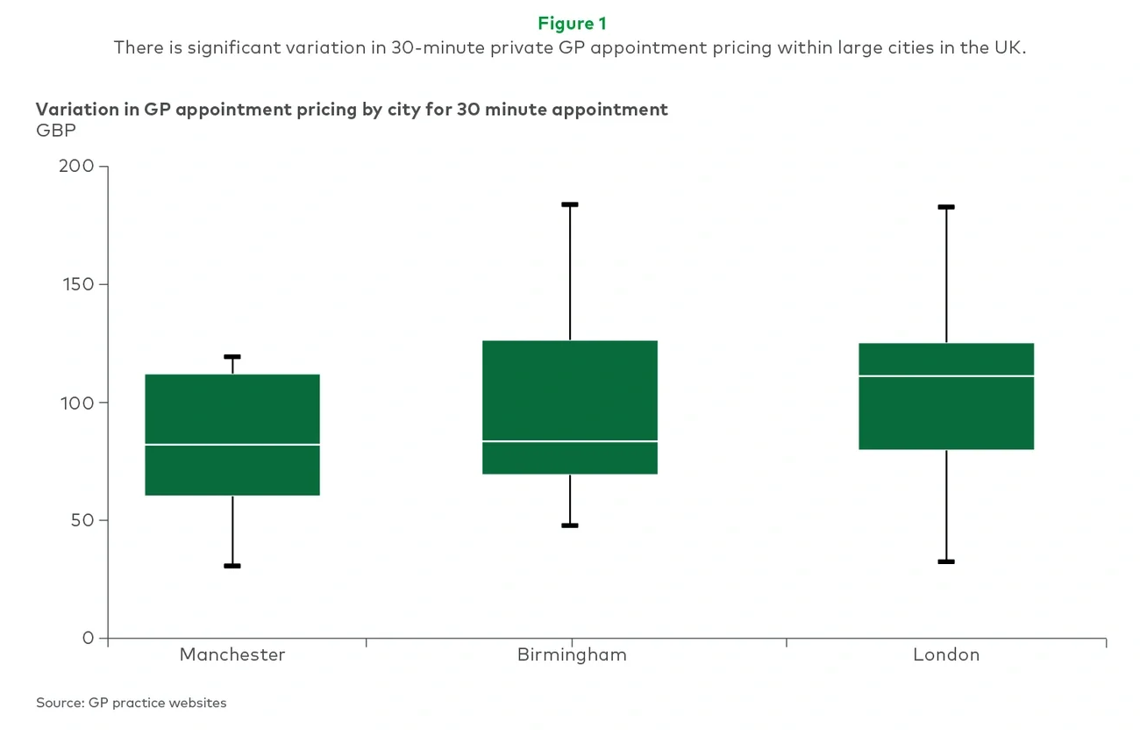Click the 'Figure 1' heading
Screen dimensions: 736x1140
(x=571, y=24)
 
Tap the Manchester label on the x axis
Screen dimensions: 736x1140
(x=232, y=654)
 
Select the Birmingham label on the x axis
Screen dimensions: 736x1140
(x=571, y=654)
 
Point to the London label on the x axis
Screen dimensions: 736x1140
(x=945, y=654)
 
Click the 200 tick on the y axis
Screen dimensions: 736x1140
(x=77, y=167)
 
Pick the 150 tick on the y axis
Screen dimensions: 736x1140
(x=77, y=284)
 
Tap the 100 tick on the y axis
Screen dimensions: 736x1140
(x=77, y=403)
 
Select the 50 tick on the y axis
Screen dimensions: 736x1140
(x=82, y=520)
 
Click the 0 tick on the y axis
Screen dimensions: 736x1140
(x=88, y=638)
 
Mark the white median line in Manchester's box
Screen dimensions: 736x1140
(x=232, y=445)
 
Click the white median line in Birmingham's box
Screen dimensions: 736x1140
(x=570, y=441)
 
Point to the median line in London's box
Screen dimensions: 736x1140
(x=946, y=375)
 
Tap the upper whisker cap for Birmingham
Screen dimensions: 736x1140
(x=570, y=204)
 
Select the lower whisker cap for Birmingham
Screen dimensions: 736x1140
(x=570, y=525)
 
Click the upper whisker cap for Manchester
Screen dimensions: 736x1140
(x=232, y=357)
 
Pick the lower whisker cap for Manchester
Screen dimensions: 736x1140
(x=232, y=566)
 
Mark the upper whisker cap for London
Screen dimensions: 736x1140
(x=946, y=207)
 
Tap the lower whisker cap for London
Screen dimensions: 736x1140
(x=946, y=561)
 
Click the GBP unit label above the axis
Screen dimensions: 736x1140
(x=56, y=131)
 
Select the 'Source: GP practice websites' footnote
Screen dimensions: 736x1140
(x=132, y=703)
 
